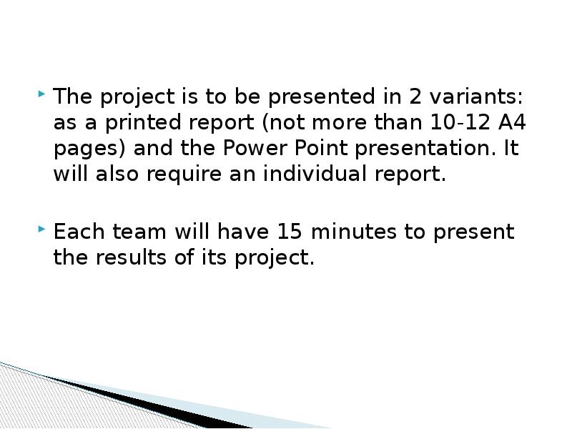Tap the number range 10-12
[x=457, y=122]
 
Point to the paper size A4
[x=512, y=122]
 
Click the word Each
[x=76, y=232]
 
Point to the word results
[x=136, y=258]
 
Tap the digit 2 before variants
[x=415, y=96]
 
